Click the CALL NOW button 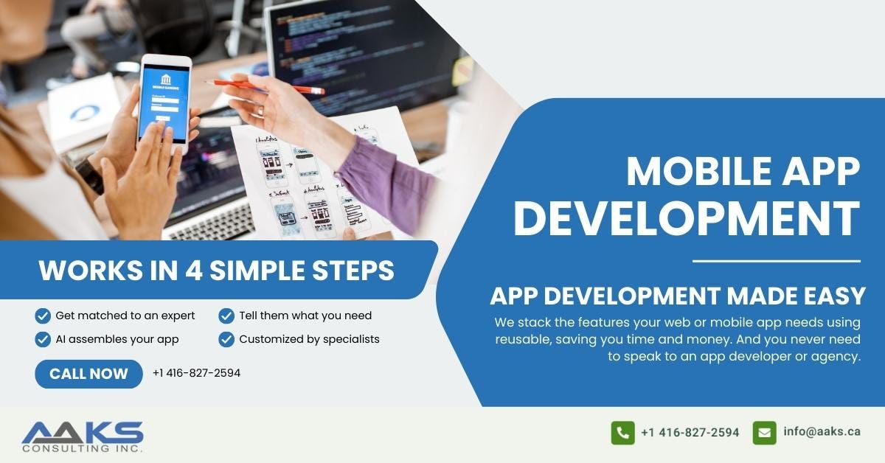tap(88, 374)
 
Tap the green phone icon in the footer tap(622, 433)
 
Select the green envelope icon tap(764, 433)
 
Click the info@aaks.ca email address tap(822, 432)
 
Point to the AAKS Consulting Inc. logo tap(83, 436)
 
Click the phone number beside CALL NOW tap(196, 373)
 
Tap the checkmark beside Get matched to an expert tap(43, 316)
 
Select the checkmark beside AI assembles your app tap(43, 339)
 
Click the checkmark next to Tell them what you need tap(226, 316)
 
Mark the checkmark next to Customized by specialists tap(226, 339)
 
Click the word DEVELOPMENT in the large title tap(687, 219)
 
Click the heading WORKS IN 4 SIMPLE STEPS tap(216, 271)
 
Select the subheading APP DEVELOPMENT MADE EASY tap(677, 296)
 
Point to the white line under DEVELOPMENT tap(776, 261)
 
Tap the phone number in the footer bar tap(690, 433)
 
